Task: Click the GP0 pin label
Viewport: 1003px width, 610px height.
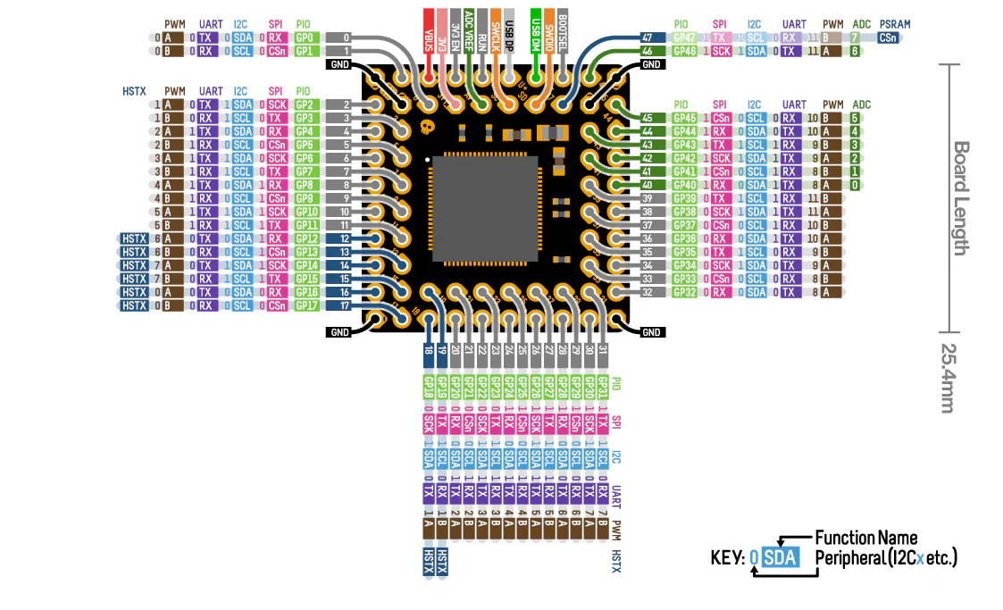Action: coord(304,38)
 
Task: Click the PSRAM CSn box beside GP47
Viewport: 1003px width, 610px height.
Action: coord(888,38)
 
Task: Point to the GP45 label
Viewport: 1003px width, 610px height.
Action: coord(684,118)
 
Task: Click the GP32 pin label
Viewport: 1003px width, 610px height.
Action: coord(684,292)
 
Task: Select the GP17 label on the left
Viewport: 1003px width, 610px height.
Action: coord(304,305)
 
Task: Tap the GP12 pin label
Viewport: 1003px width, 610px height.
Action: coord(304,238)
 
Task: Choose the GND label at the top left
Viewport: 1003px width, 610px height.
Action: coord(339,64)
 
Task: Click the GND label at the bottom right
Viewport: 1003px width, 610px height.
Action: coord(652,332)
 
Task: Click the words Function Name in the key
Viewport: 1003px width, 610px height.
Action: coord(865,538)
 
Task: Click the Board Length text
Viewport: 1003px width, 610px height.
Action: coord(960,197)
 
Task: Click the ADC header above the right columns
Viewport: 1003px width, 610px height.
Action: coord(861,104)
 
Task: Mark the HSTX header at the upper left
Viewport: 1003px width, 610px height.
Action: coord(135,91)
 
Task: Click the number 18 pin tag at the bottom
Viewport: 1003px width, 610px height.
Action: coord(430,352)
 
